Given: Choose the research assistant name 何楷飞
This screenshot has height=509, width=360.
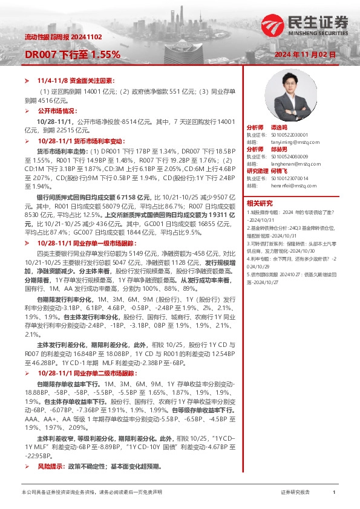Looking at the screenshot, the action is click(x=287, y=171).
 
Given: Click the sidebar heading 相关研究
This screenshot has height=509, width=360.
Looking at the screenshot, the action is click(x=260, y=203).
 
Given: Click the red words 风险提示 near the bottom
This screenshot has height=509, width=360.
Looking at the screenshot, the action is click(x=49, y=467).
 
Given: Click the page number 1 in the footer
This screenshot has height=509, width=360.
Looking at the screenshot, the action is click(x=334, y=493).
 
